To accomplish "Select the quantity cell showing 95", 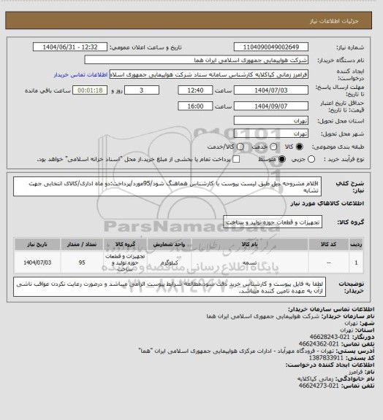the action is (x=83, y=260).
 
